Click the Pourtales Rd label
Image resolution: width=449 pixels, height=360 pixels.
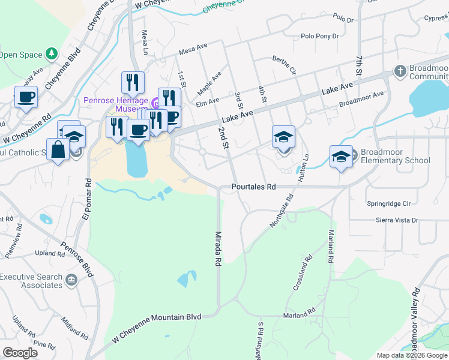(x=253, y=187)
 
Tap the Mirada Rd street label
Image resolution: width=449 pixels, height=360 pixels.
(x=219, y=248)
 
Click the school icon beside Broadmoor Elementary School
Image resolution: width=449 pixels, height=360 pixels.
(x=341, y=157)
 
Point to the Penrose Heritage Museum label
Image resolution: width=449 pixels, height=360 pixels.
(x=115, y=105)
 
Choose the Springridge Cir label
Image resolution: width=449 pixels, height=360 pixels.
(x=392, y=204)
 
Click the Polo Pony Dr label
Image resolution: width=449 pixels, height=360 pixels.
(x=319, y=37)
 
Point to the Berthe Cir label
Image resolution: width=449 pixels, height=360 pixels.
(x=285, y=65)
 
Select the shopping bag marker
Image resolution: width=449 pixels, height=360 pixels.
(x=58, y=149)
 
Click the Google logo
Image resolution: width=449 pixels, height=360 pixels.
(x=20, y=352)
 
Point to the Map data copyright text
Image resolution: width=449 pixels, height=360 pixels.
(x=411, y=355)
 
